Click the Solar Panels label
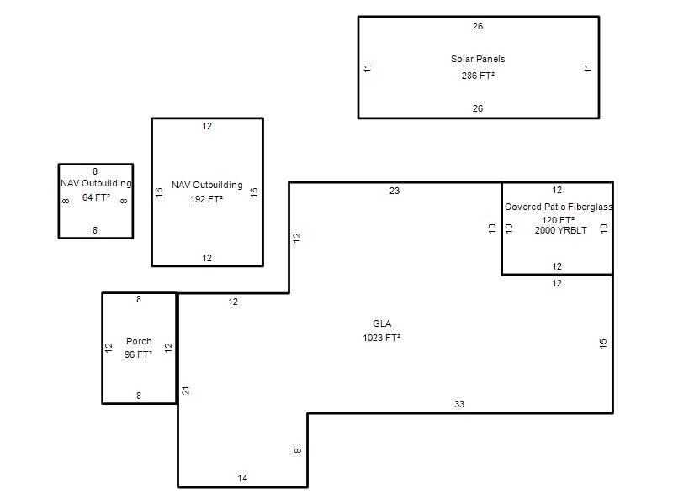point(478,59)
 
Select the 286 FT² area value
point(478,76)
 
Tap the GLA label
point(382,323)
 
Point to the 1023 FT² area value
point(382,338)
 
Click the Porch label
point(139,341)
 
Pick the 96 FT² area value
point(139,354)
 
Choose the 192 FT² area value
point(207,199)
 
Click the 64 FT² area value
point(96,197)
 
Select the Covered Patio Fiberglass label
point(559,207)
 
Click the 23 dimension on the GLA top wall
point(395,191)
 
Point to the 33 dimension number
point(459,404)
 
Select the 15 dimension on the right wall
point(603,344)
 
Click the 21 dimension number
point(186,391)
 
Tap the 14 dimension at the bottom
point(242,478)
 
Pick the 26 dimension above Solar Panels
point(478,26)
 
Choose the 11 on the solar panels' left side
point(368,67)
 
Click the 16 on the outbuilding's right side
point(253,192)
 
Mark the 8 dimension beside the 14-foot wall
point(298,451)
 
